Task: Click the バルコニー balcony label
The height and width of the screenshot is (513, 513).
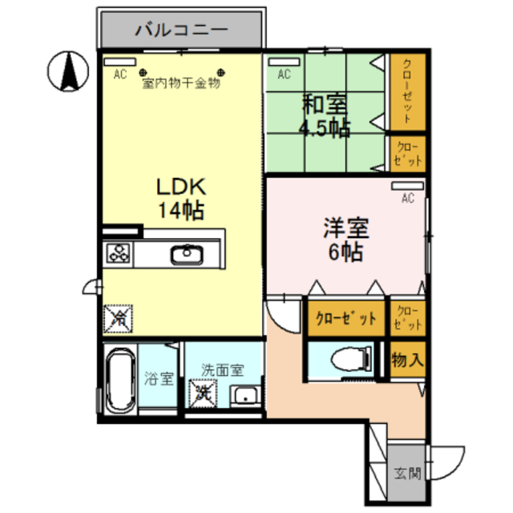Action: point(181,31)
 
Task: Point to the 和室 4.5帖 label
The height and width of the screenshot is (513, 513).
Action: point(325,117)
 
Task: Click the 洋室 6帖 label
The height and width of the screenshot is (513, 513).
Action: point(345,240)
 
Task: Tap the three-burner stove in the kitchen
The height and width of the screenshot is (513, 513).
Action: point(119,255)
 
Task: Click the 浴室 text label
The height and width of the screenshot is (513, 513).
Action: point(160,378)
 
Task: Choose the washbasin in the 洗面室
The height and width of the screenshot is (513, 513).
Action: point(243,395)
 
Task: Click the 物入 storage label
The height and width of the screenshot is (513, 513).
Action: point(407,360)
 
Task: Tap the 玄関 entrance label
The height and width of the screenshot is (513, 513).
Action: point(406,473)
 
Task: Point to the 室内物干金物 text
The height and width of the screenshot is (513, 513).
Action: point(180,83)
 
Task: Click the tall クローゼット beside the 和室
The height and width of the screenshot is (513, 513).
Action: point(407,91)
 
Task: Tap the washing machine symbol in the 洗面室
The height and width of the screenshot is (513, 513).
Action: point(202,394)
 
